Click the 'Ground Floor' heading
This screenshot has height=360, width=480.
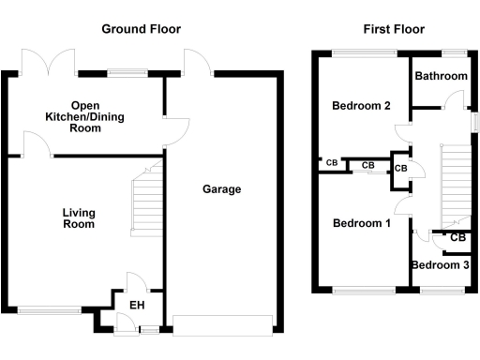click(x=141, y=29)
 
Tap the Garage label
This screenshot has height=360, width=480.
click(x=222, y=189)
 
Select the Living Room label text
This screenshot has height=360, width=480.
click(x=79, y=219)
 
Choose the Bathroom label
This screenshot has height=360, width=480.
click(x=442, y=76)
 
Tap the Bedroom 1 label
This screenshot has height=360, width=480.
click(x=362, y=223)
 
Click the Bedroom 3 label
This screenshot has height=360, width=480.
click(x=440, y=265)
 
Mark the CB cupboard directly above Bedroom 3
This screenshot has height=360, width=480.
click(x=457, y=238)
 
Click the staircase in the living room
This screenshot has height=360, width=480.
click(x=145, y=202)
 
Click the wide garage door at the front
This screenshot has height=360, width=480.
click(x=222, y=325)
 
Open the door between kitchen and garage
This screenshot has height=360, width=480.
click(x=176, y=131)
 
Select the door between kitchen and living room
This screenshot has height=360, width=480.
click(x=37, y=143)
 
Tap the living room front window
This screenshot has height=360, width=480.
click(x=49, y=309)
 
